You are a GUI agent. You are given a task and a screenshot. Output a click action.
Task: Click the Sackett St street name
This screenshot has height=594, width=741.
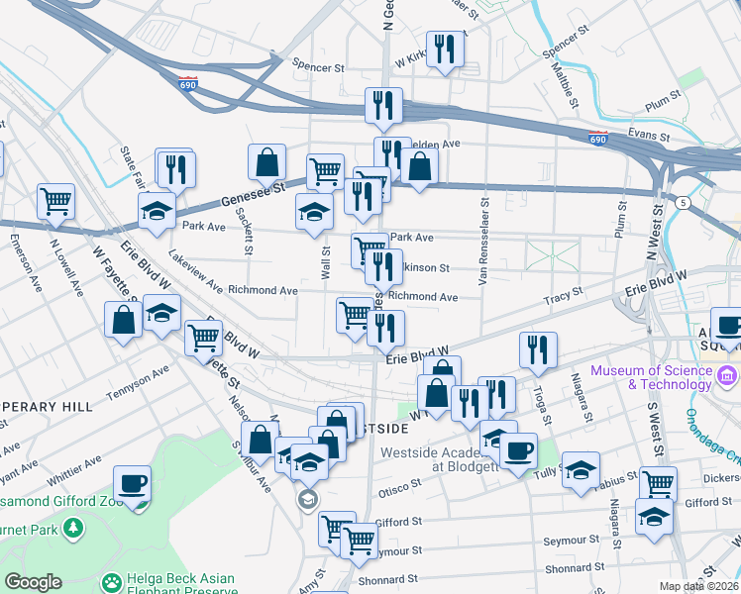tap(249, 236)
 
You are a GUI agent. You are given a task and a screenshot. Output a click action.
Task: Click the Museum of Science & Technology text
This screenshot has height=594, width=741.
tap(651, 377)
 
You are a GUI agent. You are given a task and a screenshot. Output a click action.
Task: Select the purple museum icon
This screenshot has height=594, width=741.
tap(727, 376)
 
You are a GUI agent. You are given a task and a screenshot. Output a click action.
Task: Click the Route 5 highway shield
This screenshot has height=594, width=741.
tap(684, 203)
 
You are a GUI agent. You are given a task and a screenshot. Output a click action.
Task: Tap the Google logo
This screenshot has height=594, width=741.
tap(33, 582)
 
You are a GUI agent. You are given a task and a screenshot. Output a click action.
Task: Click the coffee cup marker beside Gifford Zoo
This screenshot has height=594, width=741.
tap(132, 483)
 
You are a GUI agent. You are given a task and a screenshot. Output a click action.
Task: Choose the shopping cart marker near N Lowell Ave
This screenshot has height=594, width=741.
tap(56, 200)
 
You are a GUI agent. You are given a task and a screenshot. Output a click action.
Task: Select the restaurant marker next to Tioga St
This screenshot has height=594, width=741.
tap(538, 348)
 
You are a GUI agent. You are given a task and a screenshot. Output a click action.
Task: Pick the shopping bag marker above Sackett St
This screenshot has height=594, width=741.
tap(266, 161)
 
